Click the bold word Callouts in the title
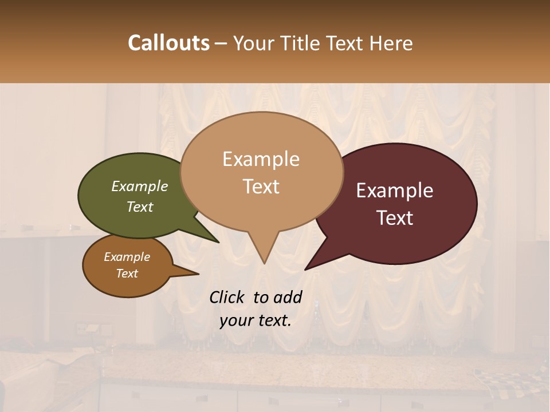tap(168, 43)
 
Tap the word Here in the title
tap(391, 43)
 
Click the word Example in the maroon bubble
tap(395, 191)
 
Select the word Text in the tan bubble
tap(261, 187)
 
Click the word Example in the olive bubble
tap(140, 186)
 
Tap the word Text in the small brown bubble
tap(127, 274)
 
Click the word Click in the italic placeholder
tap(228, 297)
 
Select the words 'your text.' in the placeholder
tap(256, 320)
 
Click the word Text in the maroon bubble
tap(395, 218)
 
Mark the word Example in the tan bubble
tap(261, 159)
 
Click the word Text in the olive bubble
tap(140, 207)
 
